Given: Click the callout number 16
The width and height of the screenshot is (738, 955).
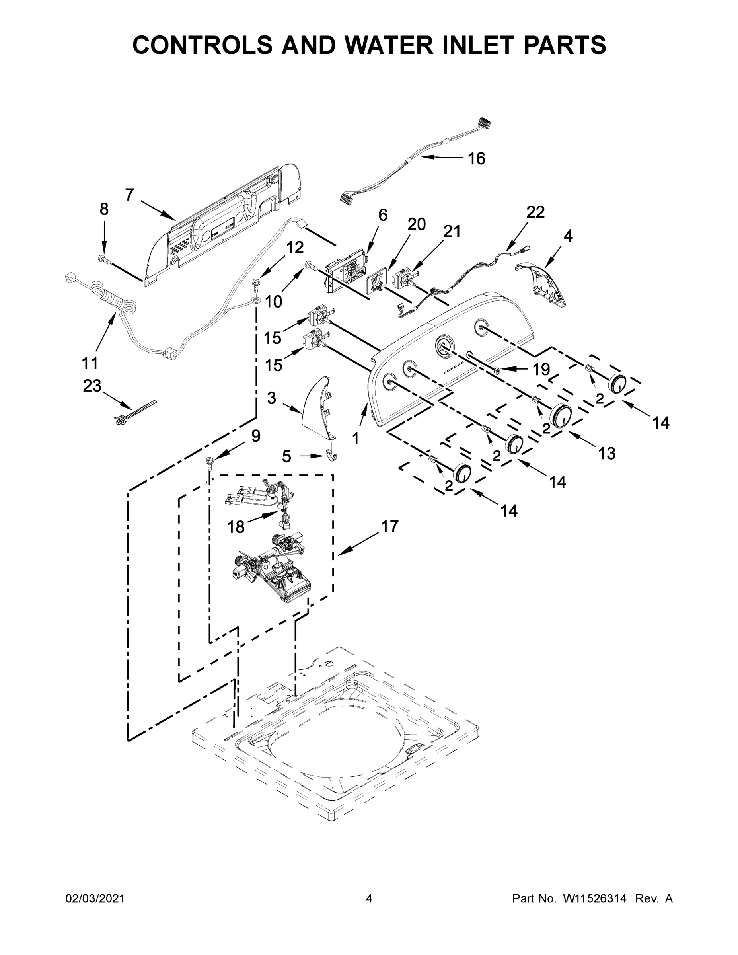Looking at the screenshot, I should [x=476, y=159].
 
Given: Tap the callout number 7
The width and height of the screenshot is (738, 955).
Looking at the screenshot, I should [x=129, y=195].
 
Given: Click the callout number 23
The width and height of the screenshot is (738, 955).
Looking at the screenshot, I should [x=92, y=386].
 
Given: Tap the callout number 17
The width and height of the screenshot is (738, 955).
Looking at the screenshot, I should [x=389, y=526].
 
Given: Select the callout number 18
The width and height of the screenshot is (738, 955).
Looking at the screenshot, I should [x=236, y=527].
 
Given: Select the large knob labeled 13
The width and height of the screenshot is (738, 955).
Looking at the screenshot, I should [x=561, y=415].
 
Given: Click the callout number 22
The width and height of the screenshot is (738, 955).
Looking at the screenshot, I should [x=535, y=212].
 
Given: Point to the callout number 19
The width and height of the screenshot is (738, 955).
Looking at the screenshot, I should [x=541, y=370].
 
